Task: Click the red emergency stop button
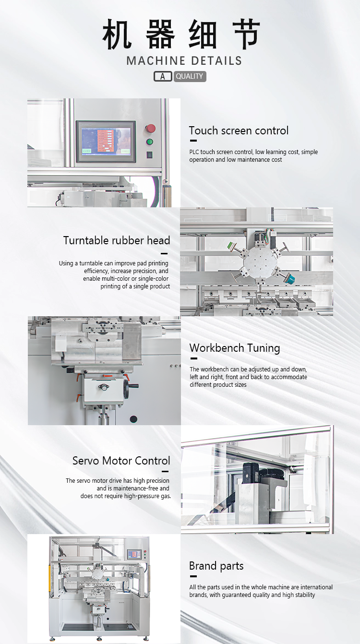[150, 129]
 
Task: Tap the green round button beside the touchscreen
[150, 142]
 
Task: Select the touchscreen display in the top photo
[106, 142]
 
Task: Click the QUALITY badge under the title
[190, 76]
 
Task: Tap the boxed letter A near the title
[163, 76]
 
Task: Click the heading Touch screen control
[239, 131]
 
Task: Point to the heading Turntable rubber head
[117, 240]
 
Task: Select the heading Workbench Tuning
[235, 348]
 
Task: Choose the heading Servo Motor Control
[121, 461]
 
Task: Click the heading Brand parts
[216, 566]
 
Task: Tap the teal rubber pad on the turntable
[290, 278]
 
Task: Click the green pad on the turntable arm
[230, 246]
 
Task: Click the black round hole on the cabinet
[133, 419]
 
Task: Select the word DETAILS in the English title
[216, 61]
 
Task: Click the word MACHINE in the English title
[156, 61]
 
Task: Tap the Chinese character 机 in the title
[117, 34]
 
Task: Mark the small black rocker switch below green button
[149, 155]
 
